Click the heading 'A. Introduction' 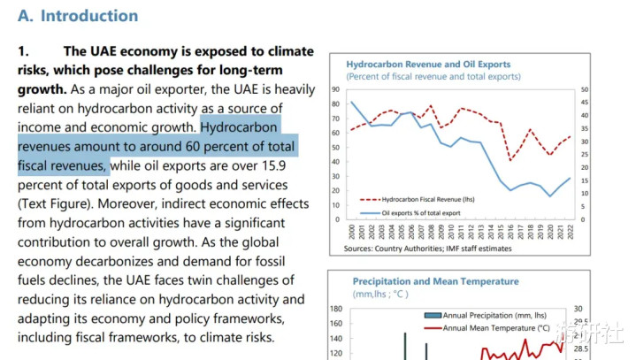(78, 16)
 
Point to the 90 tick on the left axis (335, 90)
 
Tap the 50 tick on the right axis (586, 90)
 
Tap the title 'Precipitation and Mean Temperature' (423, 281)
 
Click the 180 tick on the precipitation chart (336, 309)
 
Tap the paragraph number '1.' (24, 51)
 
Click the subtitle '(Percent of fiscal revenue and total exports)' (433, 77)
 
